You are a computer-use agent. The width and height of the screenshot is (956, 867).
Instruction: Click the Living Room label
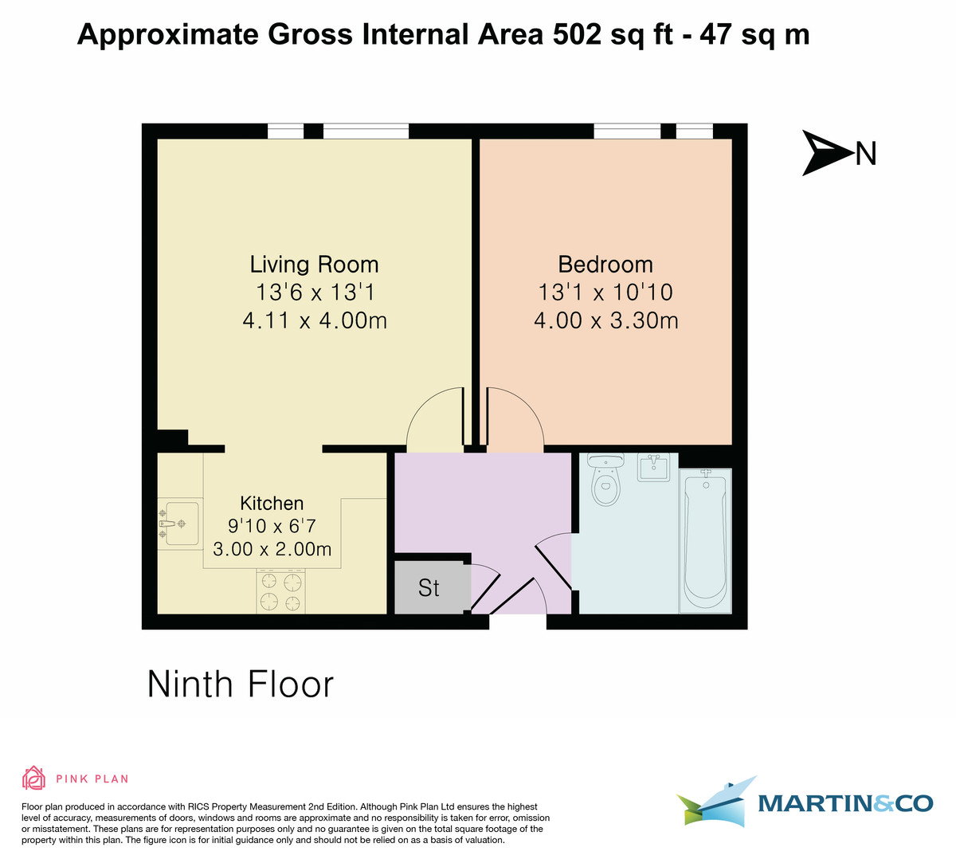[x=314, y=265]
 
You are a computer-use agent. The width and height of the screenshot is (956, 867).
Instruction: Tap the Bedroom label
[x=605, y=265]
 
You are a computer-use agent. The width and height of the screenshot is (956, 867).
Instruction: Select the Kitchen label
[x=272, y=504]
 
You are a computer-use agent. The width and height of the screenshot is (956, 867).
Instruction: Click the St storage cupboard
[x=429, y=588]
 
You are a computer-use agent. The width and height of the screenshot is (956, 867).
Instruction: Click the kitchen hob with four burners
[x=281, y=590]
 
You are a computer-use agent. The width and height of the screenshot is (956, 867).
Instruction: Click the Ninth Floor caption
[x=241, y=685]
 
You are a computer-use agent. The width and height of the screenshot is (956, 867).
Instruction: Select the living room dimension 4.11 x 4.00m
[x=314, y=321]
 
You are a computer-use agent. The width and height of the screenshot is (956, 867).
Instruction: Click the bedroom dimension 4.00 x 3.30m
[x=605, y=321]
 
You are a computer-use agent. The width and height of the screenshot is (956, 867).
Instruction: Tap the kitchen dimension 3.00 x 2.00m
[x=272, y=550]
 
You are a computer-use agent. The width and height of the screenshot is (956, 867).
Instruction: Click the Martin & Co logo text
[x=845, y=803]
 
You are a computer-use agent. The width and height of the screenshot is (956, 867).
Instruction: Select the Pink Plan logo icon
[x=33, y=778]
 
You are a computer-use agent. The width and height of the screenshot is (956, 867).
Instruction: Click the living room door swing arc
[x=434, y=416]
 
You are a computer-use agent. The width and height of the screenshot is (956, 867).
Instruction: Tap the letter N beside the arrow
[x=866, y=153]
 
